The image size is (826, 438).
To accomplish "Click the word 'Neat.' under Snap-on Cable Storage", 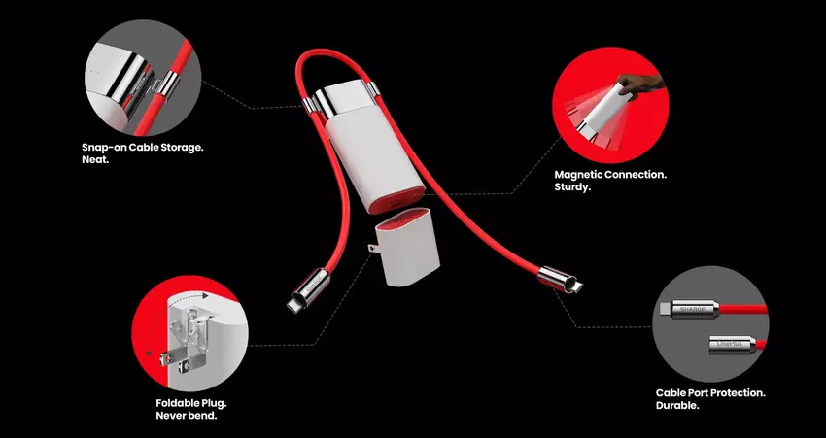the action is point(95,159).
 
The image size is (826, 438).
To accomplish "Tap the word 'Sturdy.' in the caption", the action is point(572,186).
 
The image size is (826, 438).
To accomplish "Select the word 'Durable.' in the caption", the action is point(677,406).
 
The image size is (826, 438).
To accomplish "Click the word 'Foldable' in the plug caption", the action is point(178,404).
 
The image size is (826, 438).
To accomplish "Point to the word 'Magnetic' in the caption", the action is point(578,174).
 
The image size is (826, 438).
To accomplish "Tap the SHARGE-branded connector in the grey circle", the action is point(689,309).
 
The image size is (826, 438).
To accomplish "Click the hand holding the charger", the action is point(639,84).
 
